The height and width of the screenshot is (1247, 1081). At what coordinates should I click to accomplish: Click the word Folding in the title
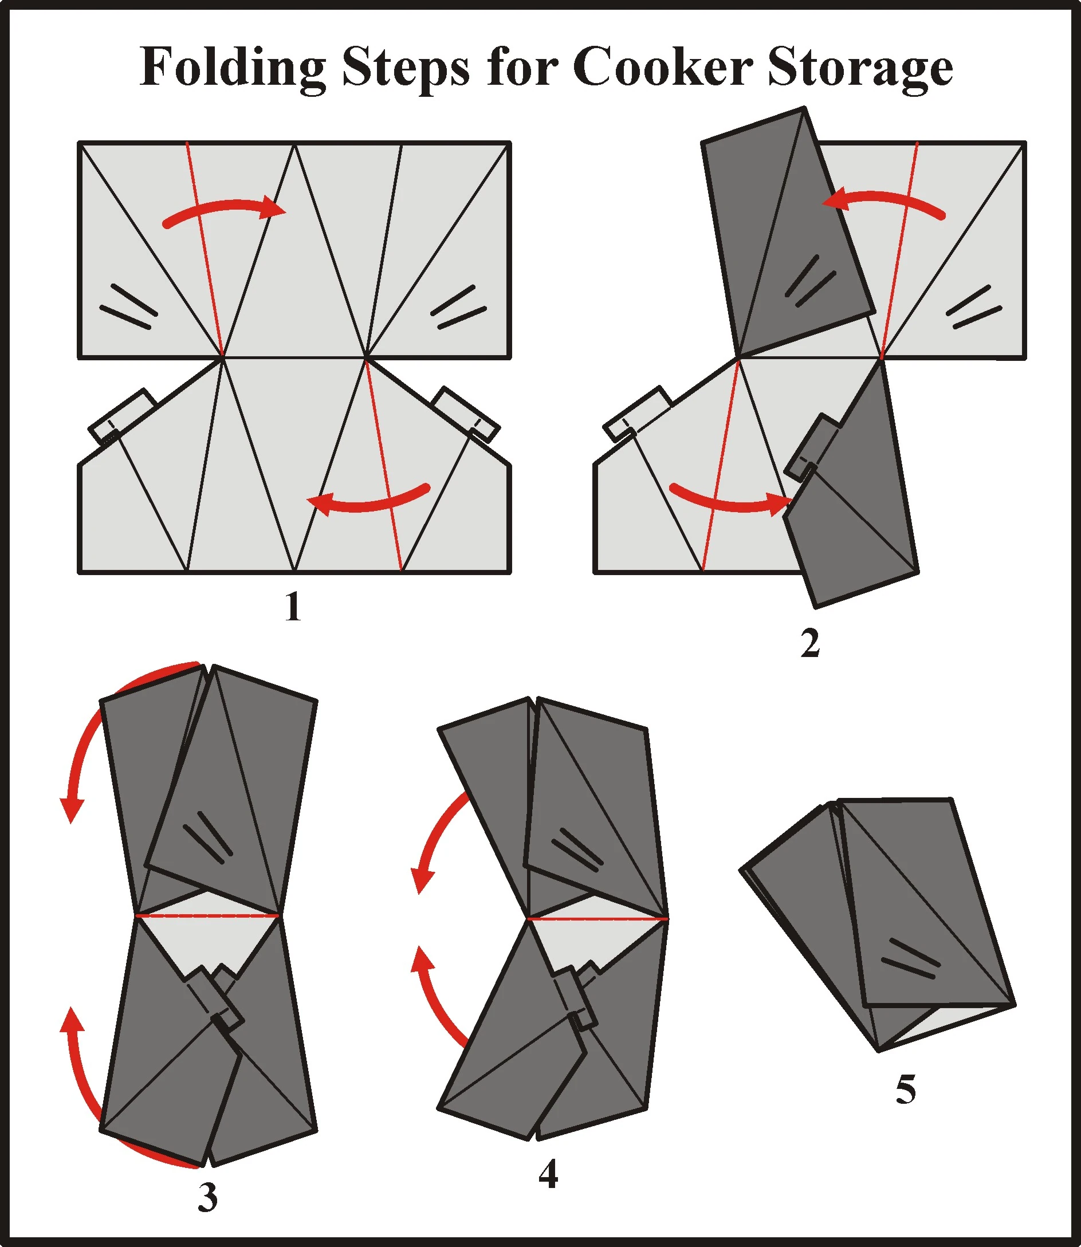click(232, 68)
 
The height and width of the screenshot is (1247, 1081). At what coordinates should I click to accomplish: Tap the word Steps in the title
click(406, 68)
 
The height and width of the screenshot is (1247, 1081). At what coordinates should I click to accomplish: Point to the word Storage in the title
click(860, 68)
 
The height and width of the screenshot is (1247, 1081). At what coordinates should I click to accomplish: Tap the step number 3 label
click(207, 1197)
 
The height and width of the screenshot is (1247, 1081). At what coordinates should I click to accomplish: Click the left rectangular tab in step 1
click(123, 416)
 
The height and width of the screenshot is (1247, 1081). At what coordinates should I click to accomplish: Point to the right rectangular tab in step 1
click(467, 414)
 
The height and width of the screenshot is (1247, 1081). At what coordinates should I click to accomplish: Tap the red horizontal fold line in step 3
click(207, 916)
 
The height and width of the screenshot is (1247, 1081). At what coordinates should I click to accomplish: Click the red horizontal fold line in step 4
click(597, 919)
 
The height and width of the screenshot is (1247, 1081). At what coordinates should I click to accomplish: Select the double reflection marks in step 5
click(911, 959)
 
